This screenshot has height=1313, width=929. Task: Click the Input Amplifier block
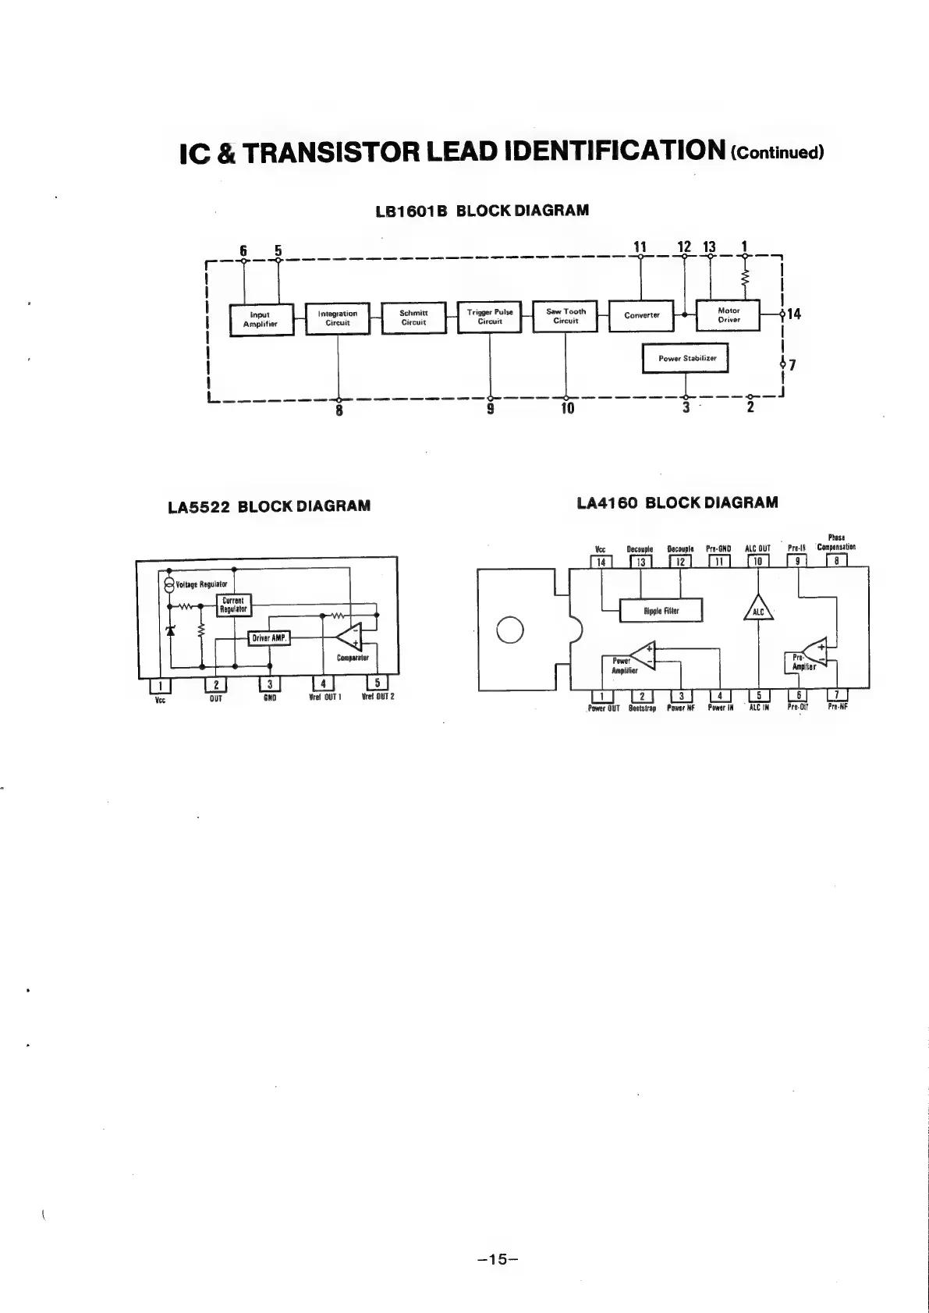(x=261, y=319)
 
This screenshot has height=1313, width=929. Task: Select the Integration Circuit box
(x=337, y=318)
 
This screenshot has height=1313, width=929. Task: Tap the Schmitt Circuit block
(x=413, y=318)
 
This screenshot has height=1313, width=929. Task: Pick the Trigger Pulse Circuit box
(x=489, y=317)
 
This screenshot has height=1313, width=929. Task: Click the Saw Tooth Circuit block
(x=566, y=316)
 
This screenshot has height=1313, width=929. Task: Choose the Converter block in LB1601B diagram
(x=641, y=315)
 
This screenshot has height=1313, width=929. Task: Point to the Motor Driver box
(x=728, y=314)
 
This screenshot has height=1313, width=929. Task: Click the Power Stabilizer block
(x=686, y=359)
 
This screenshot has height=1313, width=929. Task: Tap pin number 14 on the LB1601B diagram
(x=794, y=314)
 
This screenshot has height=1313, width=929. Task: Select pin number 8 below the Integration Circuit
(x=339, y=409)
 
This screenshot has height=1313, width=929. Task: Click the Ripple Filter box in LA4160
(x=661, y=611)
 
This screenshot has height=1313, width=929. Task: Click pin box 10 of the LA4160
(x=758, y=561)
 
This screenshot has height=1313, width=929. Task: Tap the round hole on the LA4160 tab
(x=509, y=630)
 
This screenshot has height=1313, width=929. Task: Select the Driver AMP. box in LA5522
(x=269, y=638)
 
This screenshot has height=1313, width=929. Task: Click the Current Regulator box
(x=234, y=605)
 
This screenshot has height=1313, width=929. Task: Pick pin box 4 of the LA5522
(x=323, y=684)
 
